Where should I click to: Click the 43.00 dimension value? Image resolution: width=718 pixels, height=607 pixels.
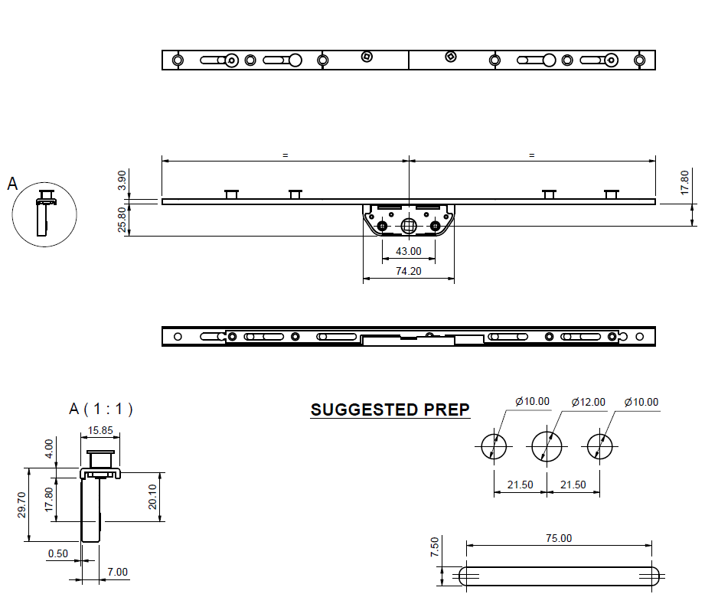[408, 251]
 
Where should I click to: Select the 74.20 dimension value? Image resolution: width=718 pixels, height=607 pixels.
[408, 271]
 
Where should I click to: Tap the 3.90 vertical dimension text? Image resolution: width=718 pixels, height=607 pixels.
[122, 181]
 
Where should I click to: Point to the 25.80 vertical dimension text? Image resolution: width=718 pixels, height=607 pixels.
[122, 220]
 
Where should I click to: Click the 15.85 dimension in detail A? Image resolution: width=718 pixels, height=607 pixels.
[100, 431]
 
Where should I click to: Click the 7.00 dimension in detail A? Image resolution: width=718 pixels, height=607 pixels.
[118, 572]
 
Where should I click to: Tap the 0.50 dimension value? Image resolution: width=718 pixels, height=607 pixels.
[57, 553]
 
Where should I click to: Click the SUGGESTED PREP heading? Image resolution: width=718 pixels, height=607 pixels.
[390, 410]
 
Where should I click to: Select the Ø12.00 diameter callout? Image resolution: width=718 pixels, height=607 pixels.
[589, 402]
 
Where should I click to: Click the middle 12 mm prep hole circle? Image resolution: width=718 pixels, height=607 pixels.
[547, 445]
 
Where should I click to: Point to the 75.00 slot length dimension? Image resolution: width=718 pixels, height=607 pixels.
[558, 538]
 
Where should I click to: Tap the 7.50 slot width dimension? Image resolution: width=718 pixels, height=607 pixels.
[435, 547]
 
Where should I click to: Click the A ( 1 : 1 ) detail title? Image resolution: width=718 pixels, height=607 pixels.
[101, 409]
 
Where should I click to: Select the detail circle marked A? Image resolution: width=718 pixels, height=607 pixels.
[44, 214]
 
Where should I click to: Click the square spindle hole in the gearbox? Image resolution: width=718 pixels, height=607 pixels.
[409, 225]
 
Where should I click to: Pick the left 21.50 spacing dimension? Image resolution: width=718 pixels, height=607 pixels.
[520, 485]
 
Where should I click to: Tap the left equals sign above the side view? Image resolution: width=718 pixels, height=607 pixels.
[285, 155]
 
